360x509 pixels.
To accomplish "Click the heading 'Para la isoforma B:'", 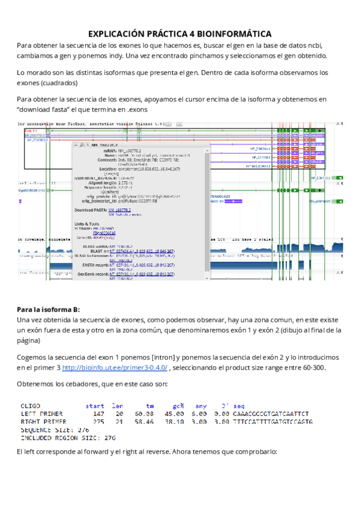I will click(48, 309).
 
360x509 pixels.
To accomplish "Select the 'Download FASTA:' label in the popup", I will click(91, 211).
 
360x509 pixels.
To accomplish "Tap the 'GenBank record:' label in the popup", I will click(91, 272).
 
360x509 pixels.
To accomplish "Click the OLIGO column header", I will click(31, 406).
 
